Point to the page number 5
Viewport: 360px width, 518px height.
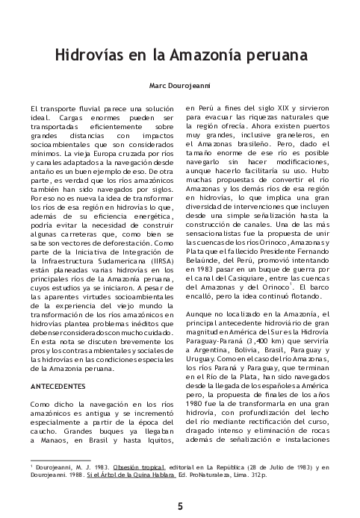[180, 505]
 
